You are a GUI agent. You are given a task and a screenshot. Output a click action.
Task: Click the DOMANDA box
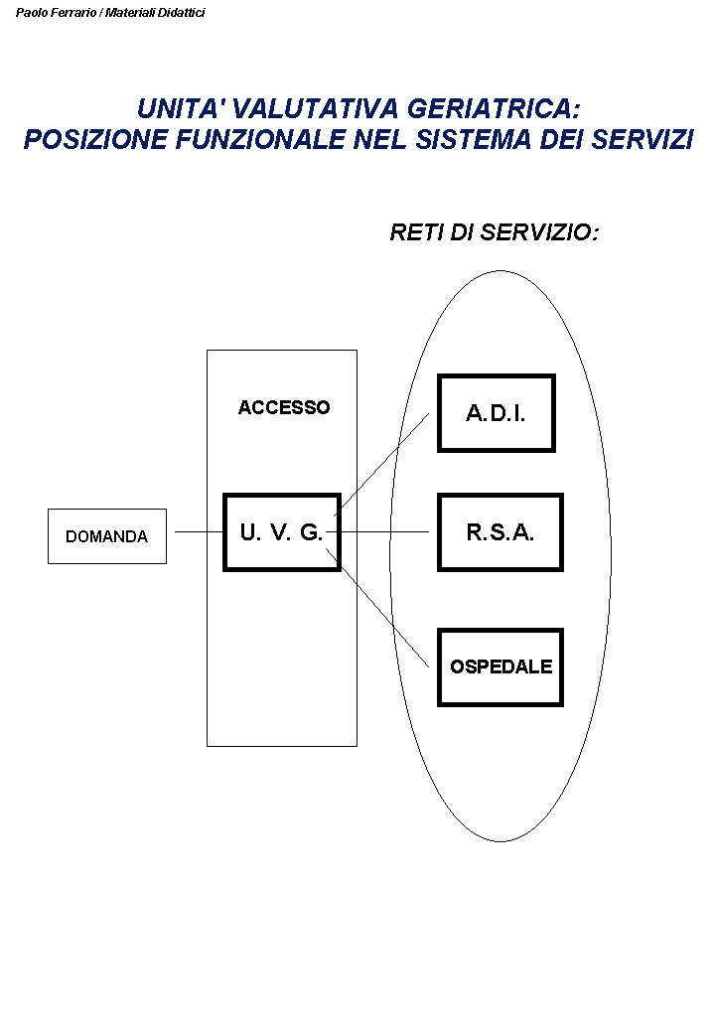click(x=107, y=536)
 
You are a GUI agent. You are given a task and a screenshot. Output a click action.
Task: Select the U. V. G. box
click(x=282, y=532)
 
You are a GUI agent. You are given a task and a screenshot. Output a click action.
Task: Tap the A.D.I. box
click(x=496, y=413)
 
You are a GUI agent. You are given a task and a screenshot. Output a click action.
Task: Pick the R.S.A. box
click(x=500, y=532)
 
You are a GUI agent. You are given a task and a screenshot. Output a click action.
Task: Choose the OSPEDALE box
click(x=500, y=666)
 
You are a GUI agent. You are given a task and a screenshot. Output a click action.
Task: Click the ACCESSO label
click(x=284, y=407)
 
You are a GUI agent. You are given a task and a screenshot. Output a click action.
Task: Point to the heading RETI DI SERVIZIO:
click(x=495, y=233)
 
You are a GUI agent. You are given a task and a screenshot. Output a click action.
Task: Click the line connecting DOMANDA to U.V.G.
click(x=199, y=532)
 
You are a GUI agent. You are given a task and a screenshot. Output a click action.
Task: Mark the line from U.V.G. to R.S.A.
click(x=387, y=532)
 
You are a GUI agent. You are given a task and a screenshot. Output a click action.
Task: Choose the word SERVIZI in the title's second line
click(x=642, y=140)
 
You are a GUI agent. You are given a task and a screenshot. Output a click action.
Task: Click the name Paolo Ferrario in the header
click(x=56, y=13)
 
